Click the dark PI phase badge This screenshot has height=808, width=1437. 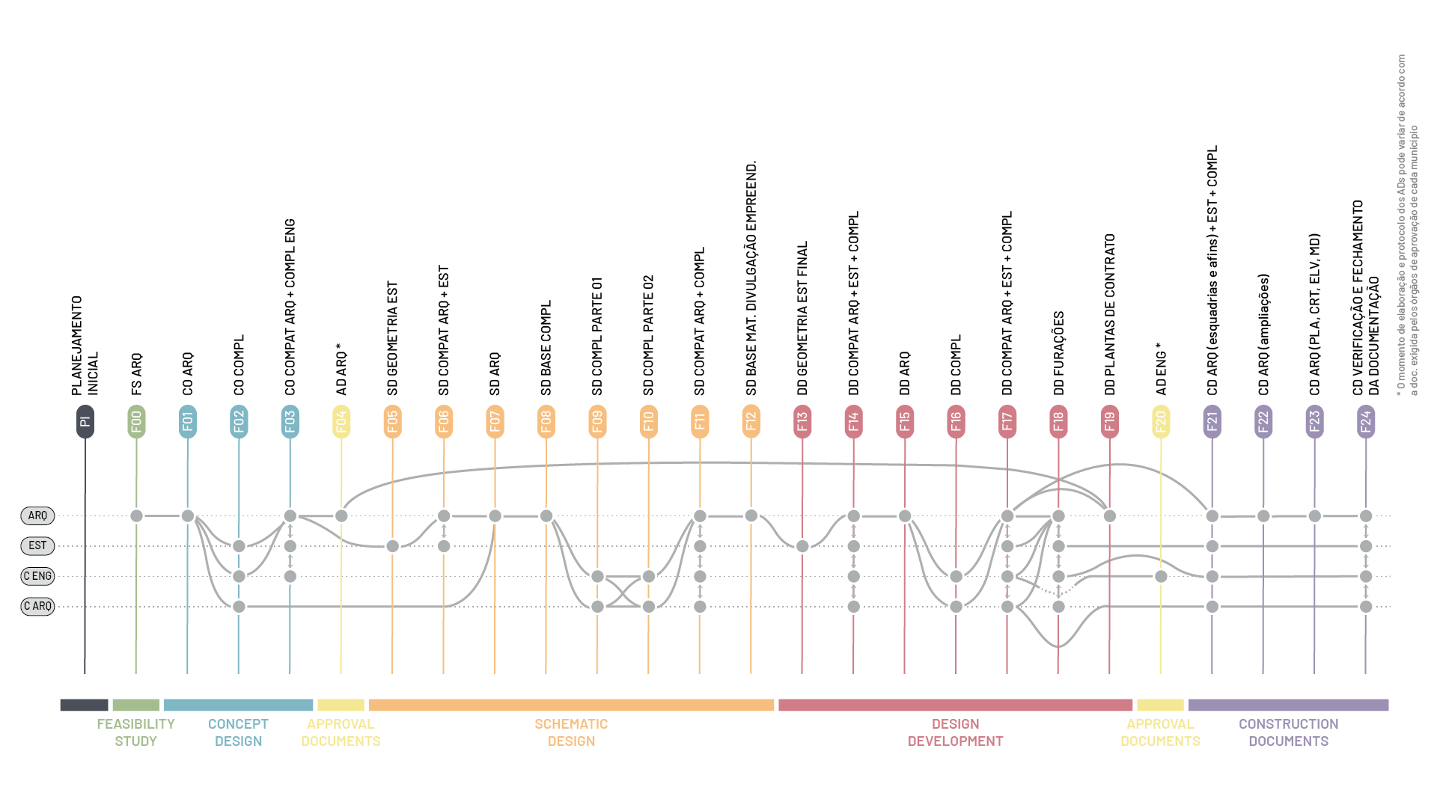pos(85,421)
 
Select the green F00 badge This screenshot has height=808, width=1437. pos(136,421)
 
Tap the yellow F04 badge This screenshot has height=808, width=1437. pos(341,421)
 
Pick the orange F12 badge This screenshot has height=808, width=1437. pos(751,421)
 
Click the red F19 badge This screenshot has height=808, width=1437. pos(1110,421)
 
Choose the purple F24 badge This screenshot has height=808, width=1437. pos(1366,421)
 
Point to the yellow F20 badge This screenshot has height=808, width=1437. pos(1161,421)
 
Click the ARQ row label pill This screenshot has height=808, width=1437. pos(37,515)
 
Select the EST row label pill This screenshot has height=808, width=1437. pos(37,545)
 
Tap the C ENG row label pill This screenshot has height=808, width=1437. pos(37,576)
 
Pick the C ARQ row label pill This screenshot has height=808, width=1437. pos(37,606)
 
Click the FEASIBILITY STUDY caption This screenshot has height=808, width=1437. pos(135,732)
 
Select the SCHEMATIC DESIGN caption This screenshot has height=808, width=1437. pos(571,732)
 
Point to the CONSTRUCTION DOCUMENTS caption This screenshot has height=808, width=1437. pos(1288,732)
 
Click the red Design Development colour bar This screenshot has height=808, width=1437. pos(955,705)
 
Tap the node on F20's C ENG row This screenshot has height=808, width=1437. pos(1161,576)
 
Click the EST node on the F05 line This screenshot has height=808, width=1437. pos(392,546)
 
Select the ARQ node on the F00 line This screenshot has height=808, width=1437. pos(136,515)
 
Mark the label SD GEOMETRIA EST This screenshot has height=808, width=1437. pos(392,338)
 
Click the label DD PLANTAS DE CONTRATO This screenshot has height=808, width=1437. pos(1110,314)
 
